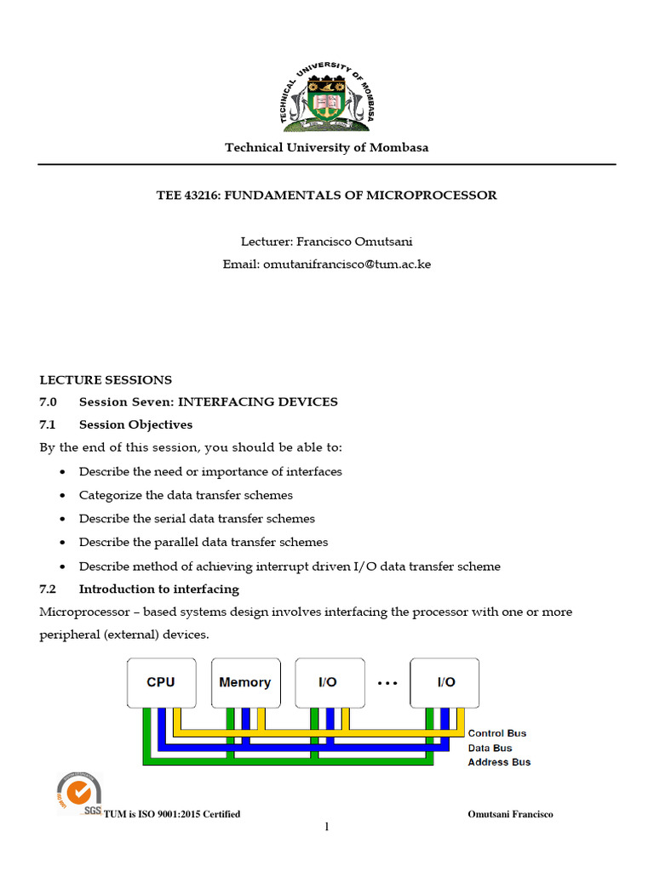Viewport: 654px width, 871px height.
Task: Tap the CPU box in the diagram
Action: [x=161, y=681]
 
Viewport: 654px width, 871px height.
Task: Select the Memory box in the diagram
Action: [x=244, y=681]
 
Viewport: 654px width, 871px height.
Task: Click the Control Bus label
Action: [x=497, y=733]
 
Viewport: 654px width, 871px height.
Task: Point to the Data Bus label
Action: [x=490, y=748]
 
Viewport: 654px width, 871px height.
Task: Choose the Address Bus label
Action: [x=499, y=762]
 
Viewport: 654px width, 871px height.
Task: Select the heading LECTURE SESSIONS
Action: [x=106, y=379]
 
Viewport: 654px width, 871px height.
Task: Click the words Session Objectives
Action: [x=135, y=424]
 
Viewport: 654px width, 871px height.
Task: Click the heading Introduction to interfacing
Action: [x=158, y=589]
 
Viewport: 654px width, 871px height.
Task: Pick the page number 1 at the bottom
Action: [x=326, y=827]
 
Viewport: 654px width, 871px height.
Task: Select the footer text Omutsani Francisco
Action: [x=510, y=814]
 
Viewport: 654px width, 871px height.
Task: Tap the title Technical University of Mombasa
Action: [x=327, y=147]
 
